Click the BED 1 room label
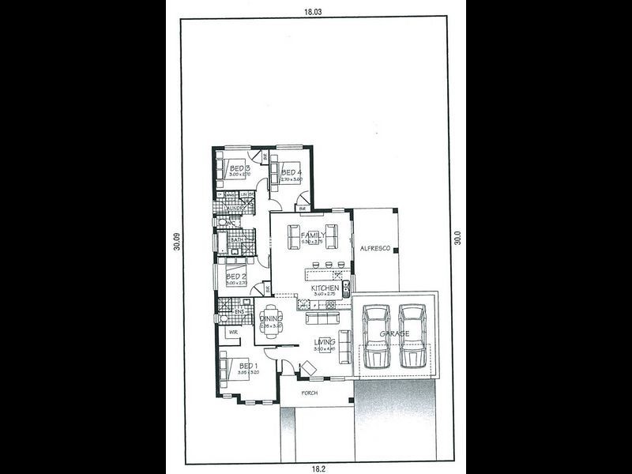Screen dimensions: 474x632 [x=247, y=366]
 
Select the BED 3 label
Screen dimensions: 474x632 [x=239, y=168]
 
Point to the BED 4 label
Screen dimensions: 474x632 [x=291, y=172]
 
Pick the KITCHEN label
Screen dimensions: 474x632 [x=325, y=288]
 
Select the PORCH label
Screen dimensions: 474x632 [x=308, y=392]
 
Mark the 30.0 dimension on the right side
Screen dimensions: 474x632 [x=457, y=238]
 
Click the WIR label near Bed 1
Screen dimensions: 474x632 [x=233, y=333]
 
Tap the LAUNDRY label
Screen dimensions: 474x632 [x=235, y=209]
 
